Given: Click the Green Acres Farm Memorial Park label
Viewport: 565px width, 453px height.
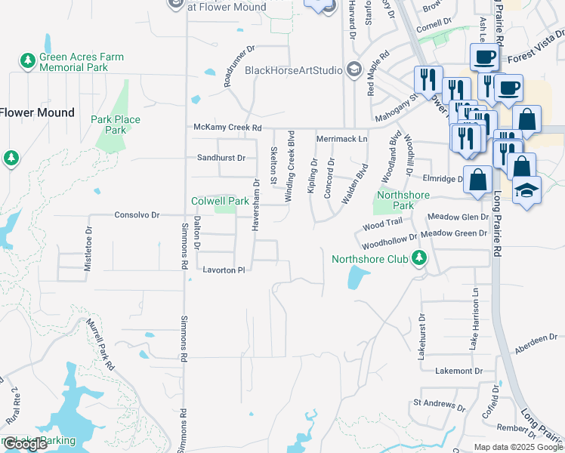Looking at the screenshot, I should pos(81,62).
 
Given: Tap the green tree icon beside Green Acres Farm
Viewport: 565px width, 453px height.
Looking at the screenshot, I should pos(28,60).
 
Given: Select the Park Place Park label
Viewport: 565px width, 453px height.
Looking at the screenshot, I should pos(116,125).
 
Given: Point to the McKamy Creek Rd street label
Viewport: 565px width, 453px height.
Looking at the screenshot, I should pos(227,128).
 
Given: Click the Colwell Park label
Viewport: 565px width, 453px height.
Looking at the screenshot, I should pos(219,202).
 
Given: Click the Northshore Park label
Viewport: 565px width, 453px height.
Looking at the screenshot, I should pos(403,200).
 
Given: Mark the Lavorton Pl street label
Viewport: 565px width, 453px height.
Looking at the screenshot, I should pos(224,270).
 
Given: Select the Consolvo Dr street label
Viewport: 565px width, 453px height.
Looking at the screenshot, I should pos(137,215).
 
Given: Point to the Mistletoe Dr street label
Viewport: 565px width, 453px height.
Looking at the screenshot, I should pos(88,244).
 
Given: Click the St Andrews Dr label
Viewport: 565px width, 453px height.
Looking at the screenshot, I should pos(438,405).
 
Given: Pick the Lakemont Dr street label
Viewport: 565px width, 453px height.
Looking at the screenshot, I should pos(458,371).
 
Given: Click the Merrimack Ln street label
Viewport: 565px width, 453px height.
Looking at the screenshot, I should pos(341,139).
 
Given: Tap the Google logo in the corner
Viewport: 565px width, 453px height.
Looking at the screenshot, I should pos(25,444).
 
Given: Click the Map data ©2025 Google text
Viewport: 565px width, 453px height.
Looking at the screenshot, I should pos(517,447).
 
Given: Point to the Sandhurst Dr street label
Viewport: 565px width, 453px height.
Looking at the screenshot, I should pos(221,158).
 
